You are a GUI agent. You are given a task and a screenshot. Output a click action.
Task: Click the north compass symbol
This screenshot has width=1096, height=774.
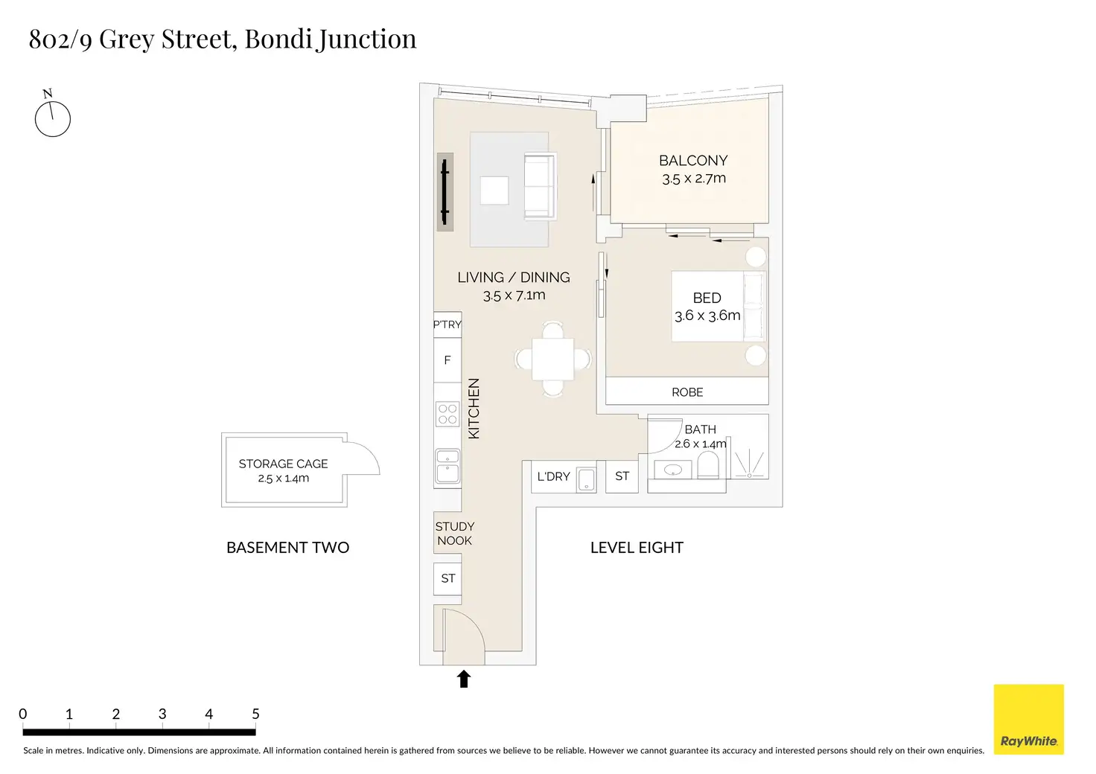coord(52,115)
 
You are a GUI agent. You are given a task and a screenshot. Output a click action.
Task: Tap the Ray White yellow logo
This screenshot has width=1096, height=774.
coord(1028,719)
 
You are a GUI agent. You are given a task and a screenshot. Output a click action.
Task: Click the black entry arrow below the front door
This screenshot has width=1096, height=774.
coord(464,679)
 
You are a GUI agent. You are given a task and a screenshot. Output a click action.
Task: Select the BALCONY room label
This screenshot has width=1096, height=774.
coord(693,160)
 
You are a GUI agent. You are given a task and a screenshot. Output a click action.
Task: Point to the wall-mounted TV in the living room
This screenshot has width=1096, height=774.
coord(445,192)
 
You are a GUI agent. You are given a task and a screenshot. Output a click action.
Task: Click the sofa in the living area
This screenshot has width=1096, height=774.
coord(540,186)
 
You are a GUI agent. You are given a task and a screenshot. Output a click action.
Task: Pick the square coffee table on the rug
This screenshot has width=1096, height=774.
coord(494,191)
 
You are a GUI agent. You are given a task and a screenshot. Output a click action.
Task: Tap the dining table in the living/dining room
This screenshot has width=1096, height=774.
coord(553,359)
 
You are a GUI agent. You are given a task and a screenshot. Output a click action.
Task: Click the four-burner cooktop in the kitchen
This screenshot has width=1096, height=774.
coord(447,414)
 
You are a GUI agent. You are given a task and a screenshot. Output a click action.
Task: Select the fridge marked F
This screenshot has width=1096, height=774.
coord(447,360)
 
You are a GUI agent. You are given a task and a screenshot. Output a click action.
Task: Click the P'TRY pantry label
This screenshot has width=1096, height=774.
coord(447,324)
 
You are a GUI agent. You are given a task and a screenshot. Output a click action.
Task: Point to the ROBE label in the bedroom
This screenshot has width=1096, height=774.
coord(687,392)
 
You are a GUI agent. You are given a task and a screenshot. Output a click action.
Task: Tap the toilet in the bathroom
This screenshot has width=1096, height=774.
coord(707,464)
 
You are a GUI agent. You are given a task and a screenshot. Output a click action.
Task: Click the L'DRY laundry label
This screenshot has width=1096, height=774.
coord(553,476)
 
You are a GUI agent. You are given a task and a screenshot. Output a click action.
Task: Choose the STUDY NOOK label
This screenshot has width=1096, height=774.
coord(454,534)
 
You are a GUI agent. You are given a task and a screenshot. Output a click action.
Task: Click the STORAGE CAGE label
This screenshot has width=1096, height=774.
coord(283,464)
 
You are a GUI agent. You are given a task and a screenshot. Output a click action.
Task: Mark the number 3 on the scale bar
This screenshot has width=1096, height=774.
coord(162,714)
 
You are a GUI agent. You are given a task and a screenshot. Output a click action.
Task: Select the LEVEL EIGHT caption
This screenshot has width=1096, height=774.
coord(637,548)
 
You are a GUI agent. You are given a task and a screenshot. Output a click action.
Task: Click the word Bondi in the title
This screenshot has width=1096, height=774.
coord(278,39)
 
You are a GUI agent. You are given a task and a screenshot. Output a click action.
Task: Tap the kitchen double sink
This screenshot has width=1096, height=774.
coord(447,467)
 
